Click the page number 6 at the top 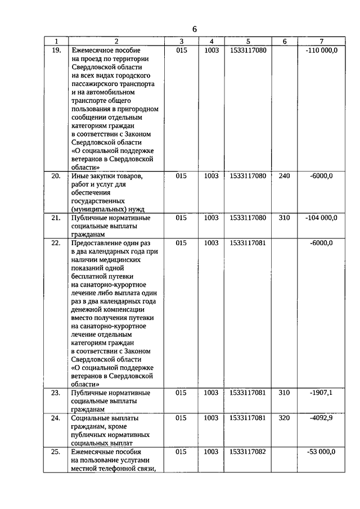tap(195, 29)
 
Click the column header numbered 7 tap(321, 42)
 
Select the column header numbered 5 tap(248, 42)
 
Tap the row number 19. tap(56, 51)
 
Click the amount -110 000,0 tap(321, 51)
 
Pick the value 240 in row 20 tap(285, 176)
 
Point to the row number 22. tap(56, 243)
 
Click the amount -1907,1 tap(321, 393)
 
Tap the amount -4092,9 tap(321, 418)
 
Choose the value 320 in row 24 tap(285, 418)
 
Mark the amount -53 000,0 tap(321, 452)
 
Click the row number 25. tap(56, 452)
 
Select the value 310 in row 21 tap(285, 218)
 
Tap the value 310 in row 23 tap(285, 393)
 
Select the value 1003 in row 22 tap(211, 243)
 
